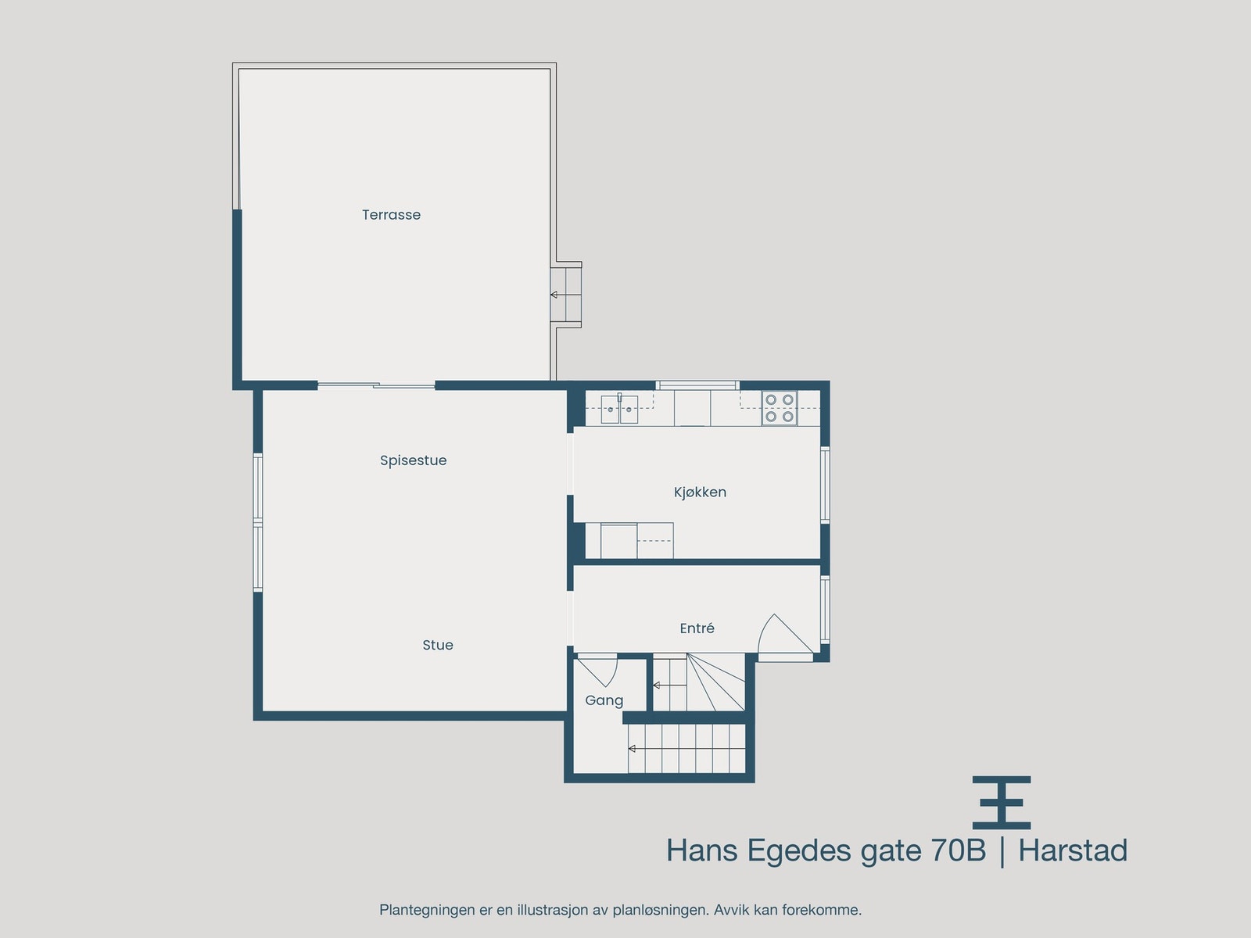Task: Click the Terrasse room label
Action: (x=391, y=215)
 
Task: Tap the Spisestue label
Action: (x=413, y=460)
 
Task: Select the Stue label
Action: (x=437, y=645)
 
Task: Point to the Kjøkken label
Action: (x=700, y=492)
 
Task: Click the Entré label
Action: (x=697, y=628)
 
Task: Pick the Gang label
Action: (x=604, y=700)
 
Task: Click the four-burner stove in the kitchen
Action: (x=780, y=408)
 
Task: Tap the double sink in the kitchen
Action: (x=619, y=409)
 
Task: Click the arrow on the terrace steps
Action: (x=554, y=295)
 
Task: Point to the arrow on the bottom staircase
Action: (x=632, y=749)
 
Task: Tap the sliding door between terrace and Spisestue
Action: (x=376, y=385)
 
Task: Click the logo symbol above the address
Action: (x=1002, y=802)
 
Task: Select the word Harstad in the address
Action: (x=1073, y=850)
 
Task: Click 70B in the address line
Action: (x=958, y=850)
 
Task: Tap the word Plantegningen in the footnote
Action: (x=427, y=910)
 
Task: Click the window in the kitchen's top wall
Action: (x=697, y=385)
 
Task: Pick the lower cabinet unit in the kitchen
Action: (x=629, y=540)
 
